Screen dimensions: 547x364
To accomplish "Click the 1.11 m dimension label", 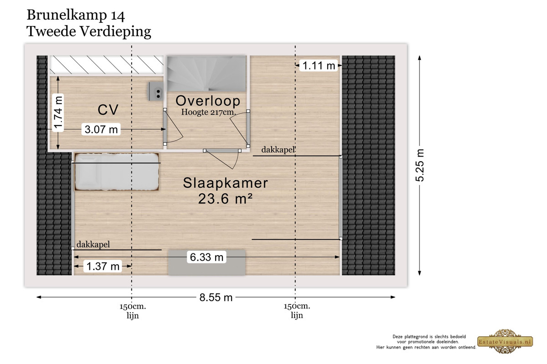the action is point(319,66).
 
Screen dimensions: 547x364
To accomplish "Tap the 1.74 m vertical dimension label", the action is point(58,113).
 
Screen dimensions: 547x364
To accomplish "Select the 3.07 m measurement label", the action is point(101,129).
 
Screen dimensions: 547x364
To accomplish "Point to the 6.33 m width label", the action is point(206,257).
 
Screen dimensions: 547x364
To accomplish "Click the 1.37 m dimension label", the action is point(103,266).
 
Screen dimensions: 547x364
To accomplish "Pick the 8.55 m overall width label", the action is point(216,298).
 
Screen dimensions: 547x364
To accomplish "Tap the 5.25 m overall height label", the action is point(420,165).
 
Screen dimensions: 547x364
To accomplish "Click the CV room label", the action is point(108,110).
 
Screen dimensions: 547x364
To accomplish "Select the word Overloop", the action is point(208,101).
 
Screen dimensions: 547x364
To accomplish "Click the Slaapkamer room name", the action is point(225,183).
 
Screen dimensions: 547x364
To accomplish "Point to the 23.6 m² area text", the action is point(225,199).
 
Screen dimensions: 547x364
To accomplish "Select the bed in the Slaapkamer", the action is point(117,172).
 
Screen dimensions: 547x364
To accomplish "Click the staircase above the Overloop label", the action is point(206,74).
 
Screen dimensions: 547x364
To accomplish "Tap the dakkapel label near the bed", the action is point(93,244).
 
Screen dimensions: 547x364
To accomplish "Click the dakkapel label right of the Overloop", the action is point(278,150).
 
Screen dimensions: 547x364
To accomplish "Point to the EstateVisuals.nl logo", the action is point(505,342).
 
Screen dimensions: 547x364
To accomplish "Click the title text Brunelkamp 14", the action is point(76,15).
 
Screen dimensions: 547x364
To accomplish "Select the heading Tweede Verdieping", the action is point(89,32).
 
